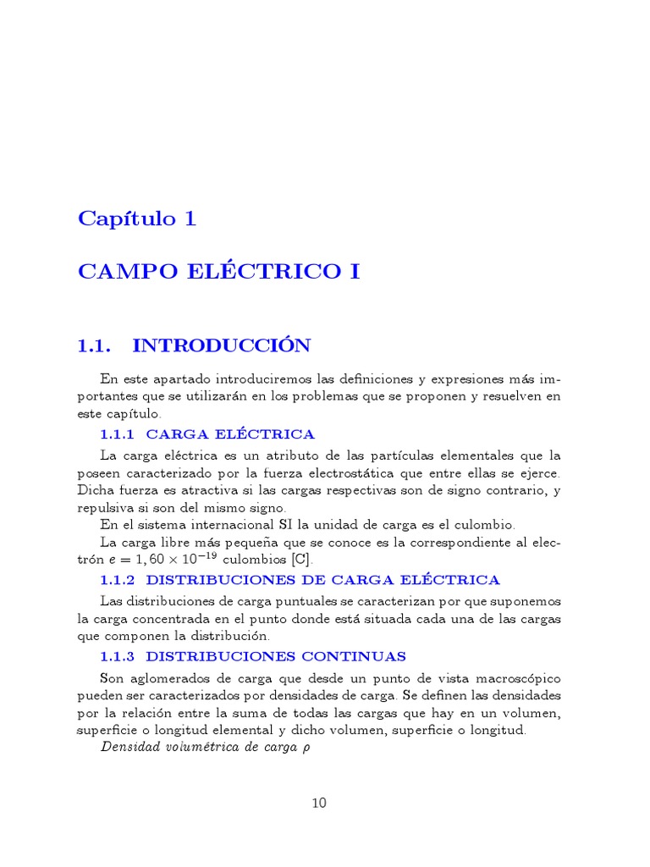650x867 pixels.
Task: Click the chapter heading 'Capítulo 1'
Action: click(137, 218)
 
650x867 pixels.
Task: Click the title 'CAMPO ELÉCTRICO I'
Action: click(219, 272)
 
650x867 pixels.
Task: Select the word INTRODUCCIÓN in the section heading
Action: click(222, 345)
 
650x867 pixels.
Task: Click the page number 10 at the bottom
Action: click(318, 803)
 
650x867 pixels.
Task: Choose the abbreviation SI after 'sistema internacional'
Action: click(276, 524)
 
